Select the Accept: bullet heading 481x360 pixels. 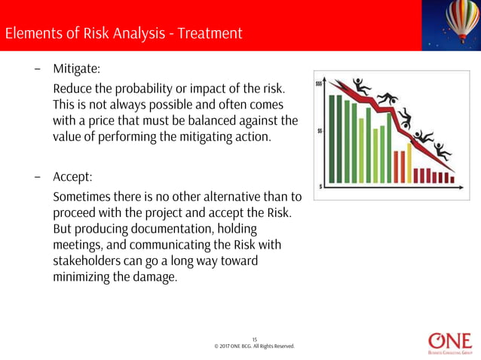[x=72, y=178]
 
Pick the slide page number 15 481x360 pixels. [x=254, y=339]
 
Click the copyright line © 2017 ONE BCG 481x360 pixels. [x=254, y=346]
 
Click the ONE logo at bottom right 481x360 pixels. [x=450, y=341]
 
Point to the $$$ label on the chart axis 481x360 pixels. [x=319, y=84]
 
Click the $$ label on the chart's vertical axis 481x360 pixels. [x=320, y=131]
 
